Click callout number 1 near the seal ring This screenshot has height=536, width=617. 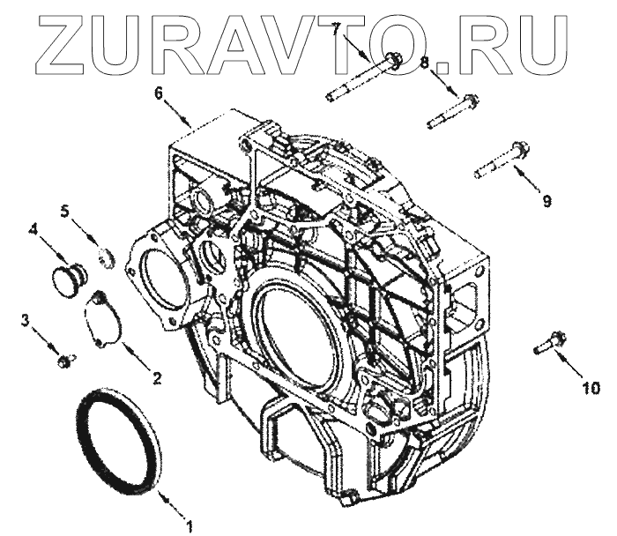pos(190,525)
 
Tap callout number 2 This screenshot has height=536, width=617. pos(157,378)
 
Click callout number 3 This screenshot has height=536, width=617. pos(26,320)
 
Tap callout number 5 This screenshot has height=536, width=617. pos(65,211)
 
